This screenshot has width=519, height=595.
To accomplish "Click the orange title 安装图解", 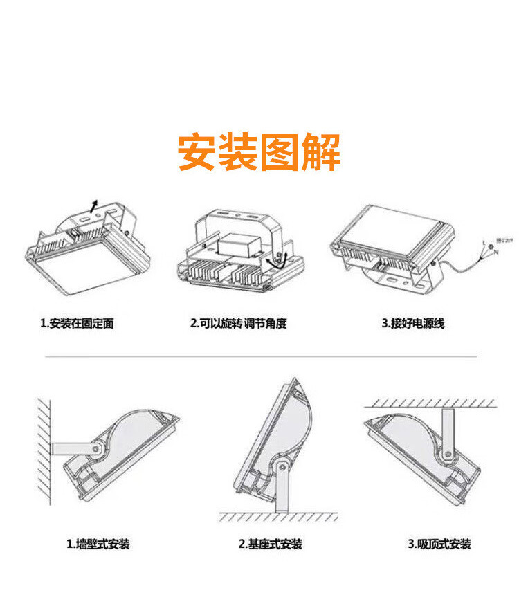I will (x=259, y=152).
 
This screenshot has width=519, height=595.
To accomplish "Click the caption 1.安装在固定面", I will (x=77, y=323).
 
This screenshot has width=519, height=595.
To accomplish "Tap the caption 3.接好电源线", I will (x=413, y=323).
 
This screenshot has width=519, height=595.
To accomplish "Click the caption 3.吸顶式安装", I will (x=439, y=544).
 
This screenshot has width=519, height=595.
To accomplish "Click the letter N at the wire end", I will (x=496, y=253).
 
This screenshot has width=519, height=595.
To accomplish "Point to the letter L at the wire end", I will (x=484, y=242).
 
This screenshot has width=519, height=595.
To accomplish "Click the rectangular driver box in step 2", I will (x=237, y=245).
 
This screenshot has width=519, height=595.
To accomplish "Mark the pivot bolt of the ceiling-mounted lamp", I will (x=448, y=454).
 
